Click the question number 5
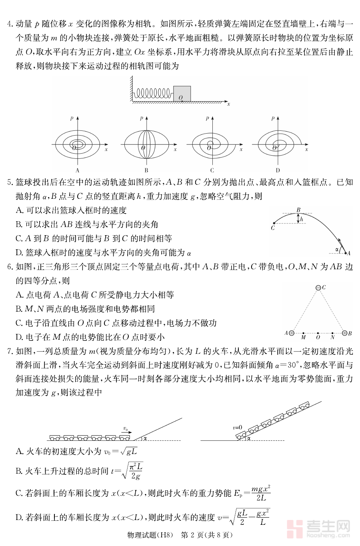pos(9,182)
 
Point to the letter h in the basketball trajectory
pos(302,219)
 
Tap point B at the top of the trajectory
pos(298,210)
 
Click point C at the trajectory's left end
pos(272,228)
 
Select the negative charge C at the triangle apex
pos(318,288)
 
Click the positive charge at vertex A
pos(292,333)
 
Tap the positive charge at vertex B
pos(345,333)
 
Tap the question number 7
pos(9,351)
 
